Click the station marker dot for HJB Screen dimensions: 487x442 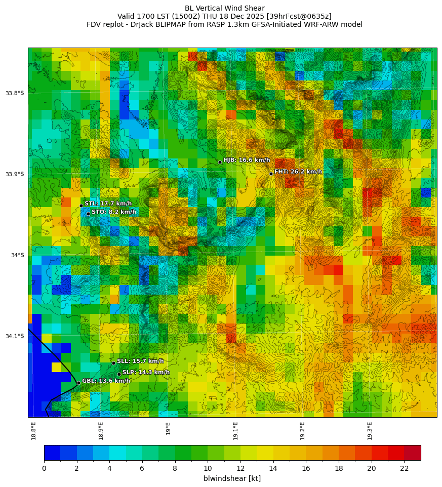220,162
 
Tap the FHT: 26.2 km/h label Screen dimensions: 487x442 298,172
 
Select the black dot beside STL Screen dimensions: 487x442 81,206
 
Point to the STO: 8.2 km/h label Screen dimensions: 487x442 113,212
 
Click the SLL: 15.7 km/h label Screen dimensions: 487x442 140,361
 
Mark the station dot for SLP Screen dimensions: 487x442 119,374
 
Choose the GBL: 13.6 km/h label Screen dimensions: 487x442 106,381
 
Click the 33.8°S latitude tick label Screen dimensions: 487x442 15,93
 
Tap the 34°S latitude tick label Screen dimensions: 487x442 17,255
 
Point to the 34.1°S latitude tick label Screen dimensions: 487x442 15,336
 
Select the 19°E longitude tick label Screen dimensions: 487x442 169,428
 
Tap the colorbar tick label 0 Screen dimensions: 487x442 44,469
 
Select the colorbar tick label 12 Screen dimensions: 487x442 240,469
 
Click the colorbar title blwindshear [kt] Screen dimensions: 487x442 225,478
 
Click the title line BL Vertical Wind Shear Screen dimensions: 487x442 224,8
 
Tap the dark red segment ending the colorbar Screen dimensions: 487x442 412,453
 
